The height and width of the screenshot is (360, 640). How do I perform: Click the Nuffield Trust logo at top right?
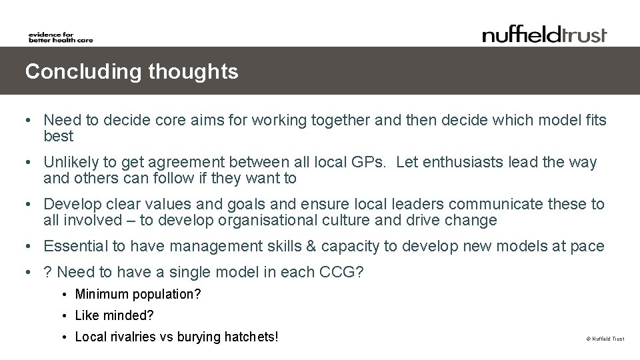coord(545,34)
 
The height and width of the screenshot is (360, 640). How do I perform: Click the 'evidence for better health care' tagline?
coord(61,37)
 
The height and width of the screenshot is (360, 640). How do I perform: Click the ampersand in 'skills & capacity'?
coord(311,246)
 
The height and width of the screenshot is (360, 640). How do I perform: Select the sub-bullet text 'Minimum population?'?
coord(138,294)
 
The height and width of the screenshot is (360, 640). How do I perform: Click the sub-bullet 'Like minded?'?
coord(115,315)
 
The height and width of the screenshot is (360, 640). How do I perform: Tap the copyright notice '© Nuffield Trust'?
coord(605,339)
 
